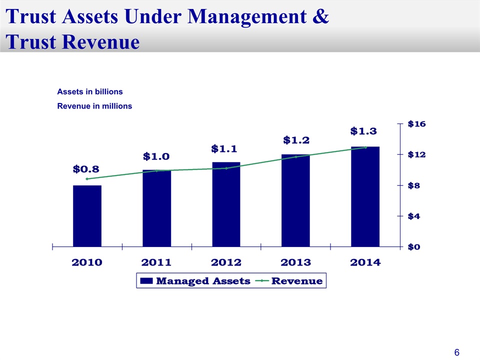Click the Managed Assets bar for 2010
pos(87,216)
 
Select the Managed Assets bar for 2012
pos(226,204)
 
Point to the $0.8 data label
pos(86,169)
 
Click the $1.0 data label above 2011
pos(156,156)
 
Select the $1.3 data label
pos(363,131)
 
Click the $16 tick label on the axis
pos(416,123)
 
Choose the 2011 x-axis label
pos(156,262)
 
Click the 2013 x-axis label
pos(295,262)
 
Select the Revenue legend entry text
pos(296,281)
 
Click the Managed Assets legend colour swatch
pos(146,281)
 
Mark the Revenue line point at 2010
pos(87,178)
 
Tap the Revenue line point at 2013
pos(295,157)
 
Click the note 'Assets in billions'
pos(90,92)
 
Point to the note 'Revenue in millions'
pos(94,106)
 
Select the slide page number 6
pos(456,352)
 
